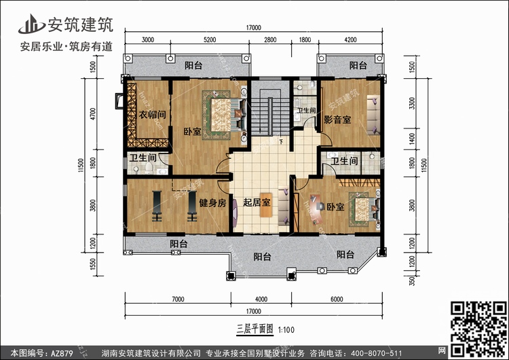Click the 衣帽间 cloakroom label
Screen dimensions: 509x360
click(x=152, y=114)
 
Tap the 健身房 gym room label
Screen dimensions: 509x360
click(x=212, y=203)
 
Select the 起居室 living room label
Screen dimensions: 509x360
click(x=257, y=202)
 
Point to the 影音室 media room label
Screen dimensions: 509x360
click(x=337, y=120)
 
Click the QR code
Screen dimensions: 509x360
click(x=478, y=329)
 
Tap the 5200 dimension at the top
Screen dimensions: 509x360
click(x=210, y=39)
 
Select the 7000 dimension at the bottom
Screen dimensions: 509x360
click(x=178, y=299)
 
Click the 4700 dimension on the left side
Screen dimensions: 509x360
click(x=93, y=114)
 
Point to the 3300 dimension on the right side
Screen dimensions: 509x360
click(x=412, y=103)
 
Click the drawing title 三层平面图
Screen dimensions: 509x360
click(x=254, y=329)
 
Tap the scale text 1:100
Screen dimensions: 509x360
click(x=286, y=330)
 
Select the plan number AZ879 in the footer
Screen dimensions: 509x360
click(x=62, y=353)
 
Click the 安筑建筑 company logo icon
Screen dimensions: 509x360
click(x=31, y=24)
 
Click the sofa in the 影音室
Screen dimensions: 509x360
click(x=373, y=115)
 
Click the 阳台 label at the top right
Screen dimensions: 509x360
click(x=358, y=65)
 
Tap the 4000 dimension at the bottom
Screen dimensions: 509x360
click(x=261, y=299)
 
